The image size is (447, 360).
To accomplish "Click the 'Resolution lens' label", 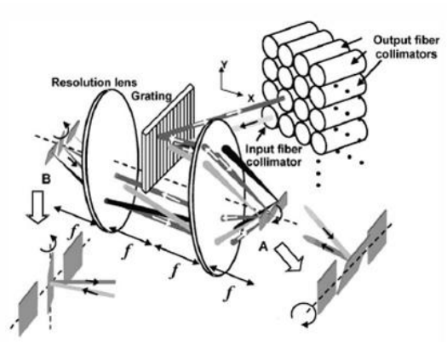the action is point(94,83).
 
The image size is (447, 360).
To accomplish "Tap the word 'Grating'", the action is point(152,96).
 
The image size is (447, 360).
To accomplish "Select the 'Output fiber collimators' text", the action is point(406,47).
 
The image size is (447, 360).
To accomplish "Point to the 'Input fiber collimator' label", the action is point(273,156).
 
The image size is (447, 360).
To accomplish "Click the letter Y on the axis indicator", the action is point(224,65).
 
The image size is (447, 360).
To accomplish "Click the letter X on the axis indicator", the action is point(250,99).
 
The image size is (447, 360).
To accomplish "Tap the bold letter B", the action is point(46,179).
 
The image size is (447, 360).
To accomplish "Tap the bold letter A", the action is point(263,247).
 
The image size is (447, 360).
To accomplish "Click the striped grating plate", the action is point(169,137).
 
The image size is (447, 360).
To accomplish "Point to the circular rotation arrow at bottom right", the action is point(303,315).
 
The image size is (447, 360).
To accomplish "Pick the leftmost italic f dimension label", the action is point(72,232).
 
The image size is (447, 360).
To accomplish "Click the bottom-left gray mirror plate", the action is point(28,309).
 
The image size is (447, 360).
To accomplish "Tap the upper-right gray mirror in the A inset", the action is point(377,237).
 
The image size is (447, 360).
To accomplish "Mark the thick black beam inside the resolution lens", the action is point(146,209).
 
